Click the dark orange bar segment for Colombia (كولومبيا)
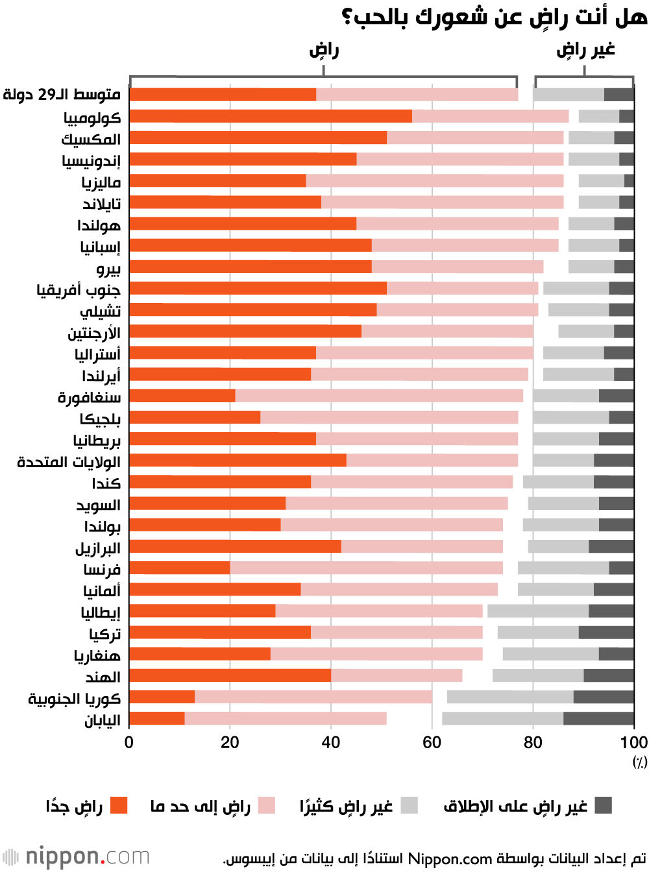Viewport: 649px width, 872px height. coord(271,116)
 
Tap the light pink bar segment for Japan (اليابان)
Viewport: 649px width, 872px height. coord(286,718)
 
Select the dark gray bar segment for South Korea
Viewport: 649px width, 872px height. coord(604,697)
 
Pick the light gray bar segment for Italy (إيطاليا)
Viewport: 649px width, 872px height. coord(538,611)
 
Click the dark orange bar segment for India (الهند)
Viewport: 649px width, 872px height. coord(230,675)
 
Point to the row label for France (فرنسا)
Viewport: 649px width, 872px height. coord(102,570)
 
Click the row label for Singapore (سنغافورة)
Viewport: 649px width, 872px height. coord(90,397)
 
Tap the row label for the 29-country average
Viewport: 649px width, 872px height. coord(62,95)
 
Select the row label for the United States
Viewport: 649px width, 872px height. coord(69,462)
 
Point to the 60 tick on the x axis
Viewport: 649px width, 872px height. coord(432,742)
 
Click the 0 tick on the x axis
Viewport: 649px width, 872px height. coord(129,742)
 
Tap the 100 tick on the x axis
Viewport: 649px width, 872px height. coord(634,742)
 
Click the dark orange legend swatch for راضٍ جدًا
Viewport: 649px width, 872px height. coord(119,806)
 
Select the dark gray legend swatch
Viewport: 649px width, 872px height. coord(604,806)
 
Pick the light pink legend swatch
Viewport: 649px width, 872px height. coord(267,806)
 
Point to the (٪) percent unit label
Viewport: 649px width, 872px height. coord(640,762)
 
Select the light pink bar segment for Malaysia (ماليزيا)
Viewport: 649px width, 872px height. coord(435,181)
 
